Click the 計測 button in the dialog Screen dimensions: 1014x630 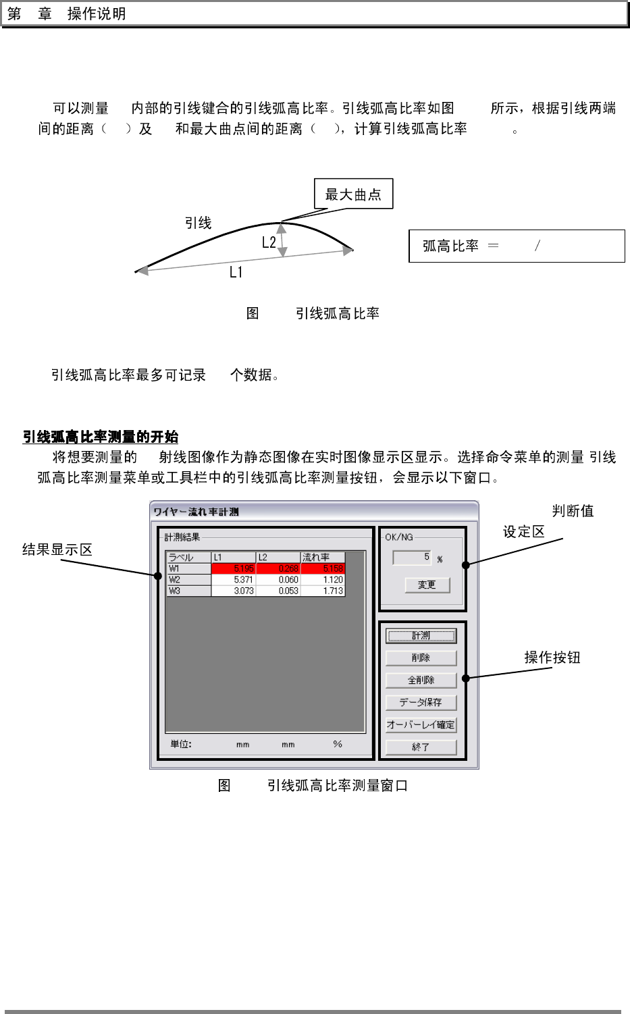click(x=421, y=636)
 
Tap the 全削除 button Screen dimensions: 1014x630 click(x=421, y=680)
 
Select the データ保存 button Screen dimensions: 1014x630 click(x=421, y=702)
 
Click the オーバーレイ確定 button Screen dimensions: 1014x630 click(x=421, y=724)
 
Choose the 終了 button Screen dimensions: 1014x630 click(x=421, y=747)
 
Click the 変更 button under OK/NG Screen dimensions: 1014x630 click(x=427, y=585)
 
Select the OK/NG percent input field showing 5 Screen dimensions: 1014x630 click(x=412, y=557)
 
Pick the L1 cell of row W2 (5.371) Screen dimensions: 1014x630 click(x=234, y=580)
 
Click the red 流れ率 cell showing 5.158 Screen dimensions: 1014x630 click(x=323, y=569)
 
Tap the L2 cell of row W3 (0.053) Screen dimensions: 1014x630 click(x=278, y=591)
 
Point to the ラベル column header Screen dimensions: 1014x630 click(x=189, y=558)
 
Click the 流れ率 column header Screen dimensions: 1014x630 click(x=323, y=558)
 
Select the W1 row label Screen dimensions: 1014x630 click(x=189, y=569)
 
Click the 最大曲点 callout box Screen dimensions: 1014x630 click(x=353, y=194)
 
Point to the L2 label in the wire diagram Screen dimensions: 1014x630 click(x=269, y=242)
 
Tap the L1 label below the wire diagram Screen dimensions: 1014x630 click(x=236, y=272)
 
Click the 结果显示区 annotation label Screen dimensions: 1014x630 click(x=57, y=550)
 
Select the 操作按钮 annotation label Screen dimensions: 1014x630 click(x=552, y=658)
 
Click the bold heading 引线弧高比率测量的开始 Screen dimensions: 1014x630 click(x=101, y=437)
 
